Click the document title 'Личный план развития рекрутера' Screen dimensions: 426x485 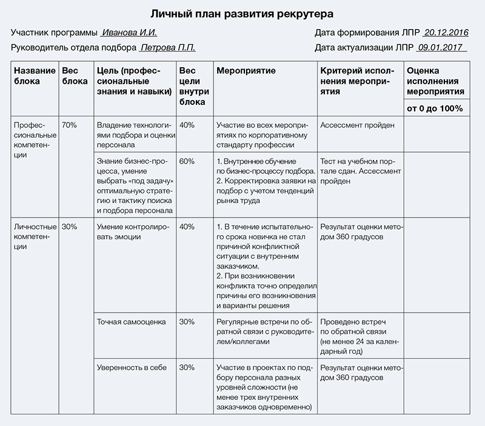click(242, 12)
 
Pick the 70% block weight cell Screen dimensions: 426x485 click(69, 125)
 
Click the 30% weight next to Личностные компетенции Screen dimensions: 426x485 click(69, 227)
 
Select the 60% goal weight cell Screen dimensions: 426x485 click(187, 161)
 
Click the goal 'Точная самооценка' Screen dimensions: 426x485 click(131, 322)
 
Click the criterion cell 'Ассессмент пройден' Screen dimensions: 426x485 click(358, 125)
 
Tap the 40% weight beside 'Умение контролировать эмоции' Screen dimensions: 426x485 click(187, 227)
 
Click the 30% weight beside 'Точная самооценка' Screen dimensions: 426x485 click(187, 322)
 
